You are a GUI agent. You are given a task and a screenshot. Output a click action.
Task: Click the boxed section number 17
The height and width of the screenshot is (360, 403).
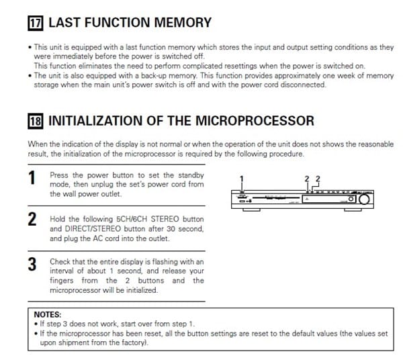(x=36, y=23)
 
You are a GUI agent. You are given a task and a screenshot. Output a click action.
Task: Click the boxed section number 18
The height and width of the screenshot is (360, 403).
(x=36, y=121)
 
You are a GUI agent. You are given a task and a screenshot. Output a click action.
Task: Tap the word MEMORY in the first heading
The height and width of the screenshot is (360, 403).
(x=183, y=23)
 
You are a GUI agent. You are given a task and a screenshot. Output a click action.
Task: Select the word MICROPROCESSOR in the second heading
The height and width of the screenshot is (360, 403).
(x=255, y=121)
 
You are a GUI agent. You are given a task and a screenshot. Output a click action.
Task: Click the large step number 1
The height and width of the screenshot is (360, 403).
(x=32, y=178)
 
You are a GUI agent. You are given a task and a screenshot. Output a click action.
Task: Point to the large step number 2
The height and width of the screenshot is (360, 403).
(x=32, y=219)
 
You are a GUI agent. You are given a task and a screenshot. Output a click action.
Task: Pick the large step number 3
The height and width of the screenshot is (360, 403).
(x=32, y=265)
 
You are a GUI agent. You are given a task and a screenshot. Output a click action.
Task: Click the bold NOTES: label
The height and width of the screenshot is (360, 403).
(x=48, y=314)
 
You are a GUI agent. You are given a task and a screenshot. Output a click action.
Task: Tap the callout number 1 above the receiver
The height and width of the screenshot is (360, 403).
(x=241, y=179)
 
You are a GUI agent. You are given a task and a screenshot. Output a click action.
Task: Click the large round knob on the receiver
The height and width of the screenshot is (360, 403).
(x=364, y=199)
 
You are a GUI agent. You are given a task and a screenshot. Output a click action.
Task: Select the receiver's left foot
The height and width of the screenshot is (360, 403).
(x=251, y=210)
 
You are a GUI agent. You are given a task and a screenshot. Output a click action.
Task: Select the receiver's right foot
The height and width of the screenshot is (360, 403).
(x=353, y=210)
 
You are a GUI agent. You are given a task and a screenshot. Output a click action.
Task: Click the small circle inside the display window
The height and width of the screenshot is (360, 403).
(x=351, y=199)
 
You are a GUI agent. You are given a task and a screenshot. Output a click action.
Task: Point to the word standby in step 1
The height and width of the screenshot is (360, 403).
(x=191, y=175)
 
